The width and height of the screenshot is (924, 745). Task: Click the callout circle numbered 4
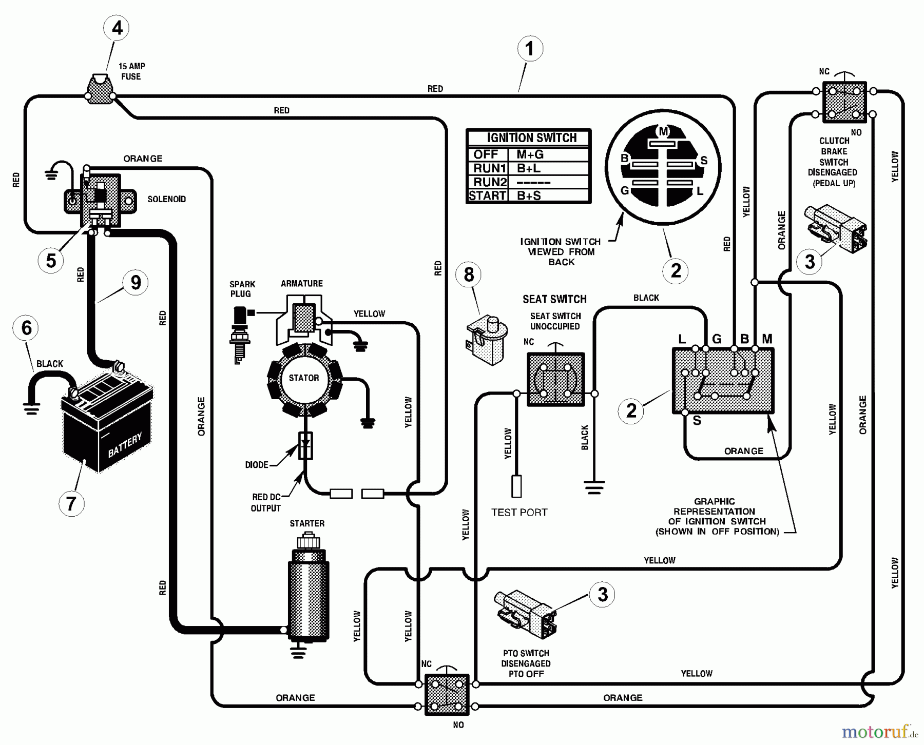(x=117, y=28)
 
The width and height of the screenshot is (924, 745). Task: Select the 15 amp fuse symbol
(x=100, y=90)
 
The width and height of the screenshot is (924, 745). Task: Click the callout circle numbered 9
(x=136, y=283)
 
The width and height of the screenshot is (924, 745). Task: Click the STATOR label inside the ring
(x=304, y=378)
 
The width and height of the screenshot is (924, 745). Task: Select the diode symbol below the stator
(x=305, y=445)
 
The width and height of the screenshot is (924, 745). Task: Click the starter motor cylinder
(x=308, y=595)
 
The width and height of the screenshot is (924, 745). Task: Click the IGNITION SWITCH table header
(x=531, y=138)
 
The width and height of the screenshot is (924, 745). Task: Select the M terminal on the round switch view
(x=663, y=132)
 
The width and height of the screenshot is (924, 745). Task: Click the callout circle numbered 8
(x=469, y=275)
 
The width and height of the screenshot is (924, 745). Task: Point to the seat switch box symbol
(x=555, y=380)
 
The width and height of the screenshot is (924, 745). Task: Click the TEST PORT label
(x=519, y=512)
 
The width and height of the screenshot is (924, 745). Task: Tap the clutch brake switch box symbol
(x=844, y=103)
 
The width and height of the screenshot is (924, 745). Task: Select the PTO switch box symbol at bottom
(x=447, y=695)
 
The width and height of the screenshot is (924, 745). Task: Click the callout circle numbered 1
(x=530, y=49)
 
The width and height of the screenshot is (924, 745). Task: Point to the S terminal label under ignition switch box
(x=697, y=421)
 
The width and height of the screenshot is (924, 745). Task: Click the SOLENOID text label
(x=166, y=199)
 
